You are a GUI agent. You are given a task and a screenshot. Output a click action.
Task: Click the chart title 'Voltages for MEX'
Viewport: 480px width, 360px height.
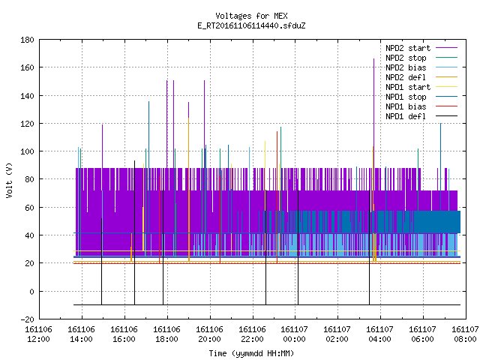[251, 16]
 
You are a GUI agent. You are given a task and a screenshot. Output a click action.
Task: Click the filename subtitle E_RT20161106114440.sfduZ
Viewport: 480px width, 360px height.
[251, 25]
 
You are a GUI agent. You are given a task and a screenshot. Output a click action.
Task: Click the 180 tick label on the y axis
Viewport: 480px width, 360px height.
[27, 40]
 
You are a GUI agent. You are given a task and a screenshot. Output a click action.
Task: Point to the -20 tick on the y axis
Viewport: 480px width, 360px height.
[27, 319]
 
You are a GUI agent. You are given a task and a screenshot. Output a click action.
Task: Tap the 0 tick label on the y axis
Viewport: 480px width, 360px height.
[31, 292]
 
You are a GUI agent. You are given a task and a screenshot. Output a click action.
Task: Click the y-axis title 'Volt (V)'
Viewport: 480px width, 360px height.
[10, 180]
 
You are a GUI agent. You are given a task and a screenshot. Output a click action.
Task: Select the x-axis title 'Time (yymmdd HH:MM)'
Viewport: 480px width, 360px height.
[251, 353]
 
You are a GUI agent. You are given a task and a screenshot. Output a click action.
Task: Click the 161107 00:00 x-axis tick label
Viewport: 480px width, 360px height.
[295, 334]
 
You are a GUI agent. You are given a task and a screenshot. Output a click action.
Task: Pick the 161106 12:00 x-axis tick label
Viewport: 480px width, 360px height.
[38, 334]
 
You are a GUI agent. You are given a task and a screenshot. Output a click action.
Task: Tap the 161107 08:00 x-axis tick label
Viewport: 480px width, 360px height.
[465, 334]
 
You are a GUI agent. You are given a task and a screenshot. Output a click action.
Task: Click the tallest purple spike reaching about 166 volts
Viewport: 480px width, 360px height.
[373, 113]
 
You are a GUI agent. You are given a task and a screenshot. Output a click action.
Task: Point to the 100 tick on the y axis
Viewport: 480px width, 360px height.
[27, 151]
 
